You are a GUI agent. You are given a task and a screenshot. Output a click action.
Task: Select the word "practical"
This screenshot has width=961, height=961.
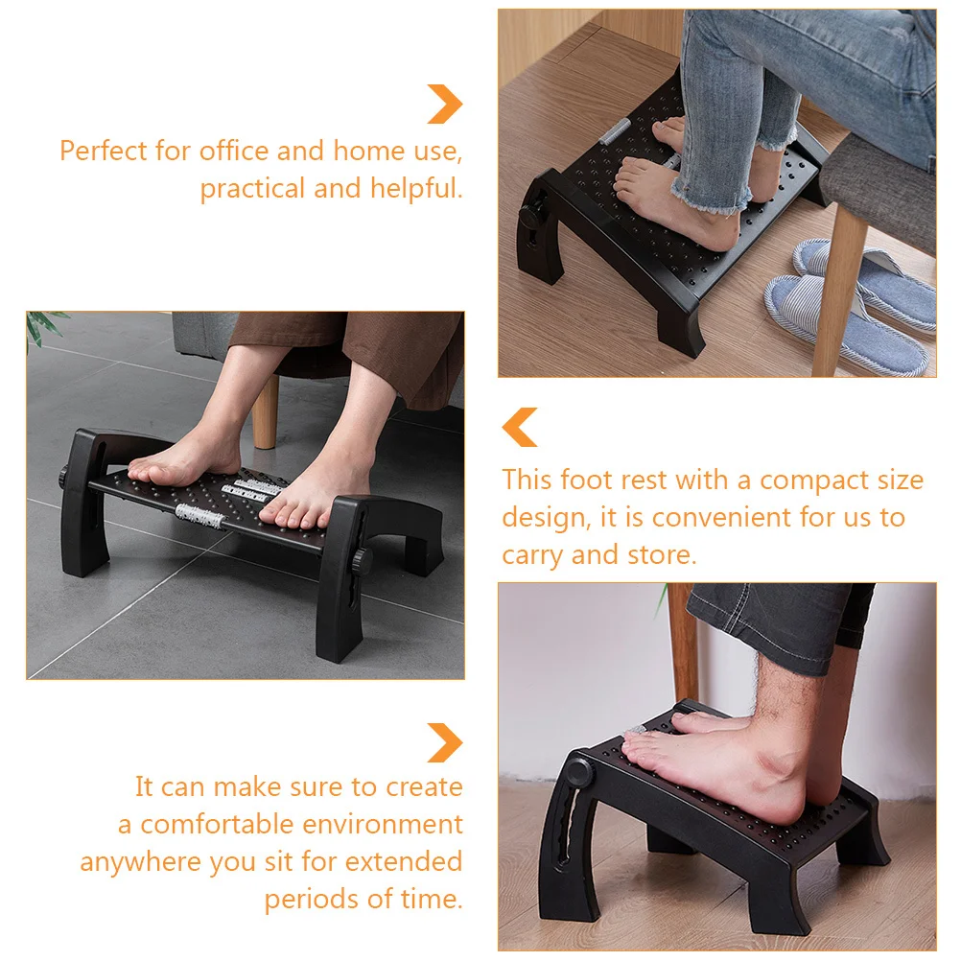(252, 189)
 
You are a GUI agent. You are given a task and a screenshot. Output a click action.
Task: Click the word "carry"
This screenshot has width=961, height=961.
(532, 555)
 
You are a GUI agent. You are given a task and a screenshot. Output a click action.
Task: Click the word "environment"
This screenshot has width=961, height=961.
(383, 825)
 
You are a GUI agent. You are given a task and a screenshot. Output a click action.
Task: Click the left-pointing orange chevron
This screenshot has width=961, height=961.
(521, 427)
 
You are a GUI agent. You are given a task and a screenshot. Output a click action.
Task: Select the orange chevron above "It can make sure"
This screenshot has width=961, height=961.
(445, 742)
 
